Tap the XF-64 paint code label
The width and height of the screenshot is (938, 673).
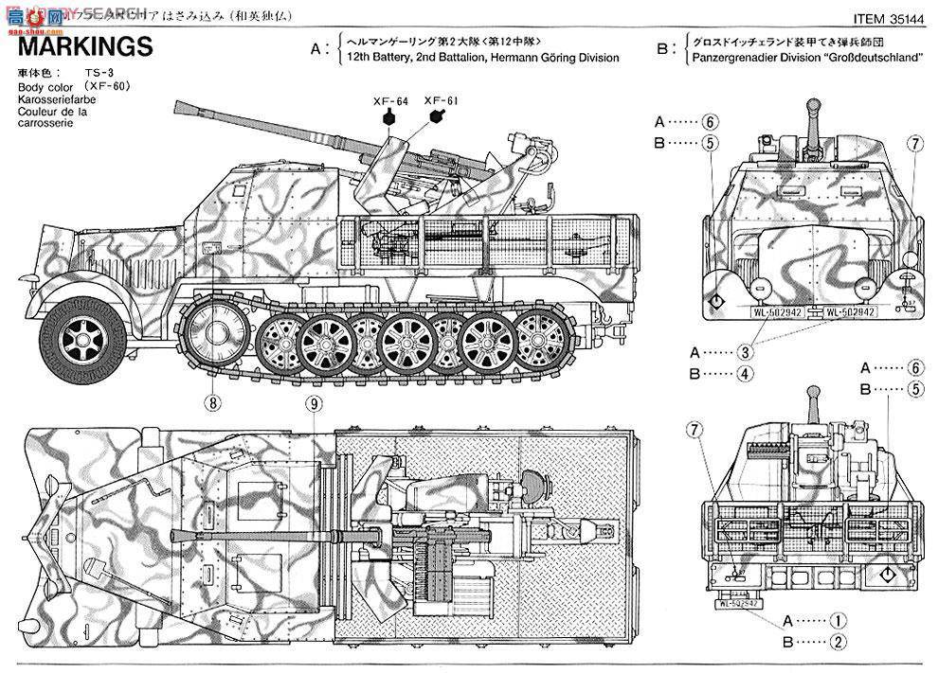coord(388,100)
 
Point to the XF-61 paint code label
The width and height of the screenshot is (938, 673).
coord(438,99)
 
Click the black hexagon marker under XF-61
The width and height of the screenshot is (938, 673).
coord(436,116)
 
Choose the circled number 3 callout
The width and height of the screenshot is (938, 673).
coord(746,351)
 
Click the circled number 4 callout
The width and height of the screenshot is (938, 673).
coord(746,373)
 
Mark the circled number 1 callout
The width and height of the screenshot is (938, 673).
coord(838,622)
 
